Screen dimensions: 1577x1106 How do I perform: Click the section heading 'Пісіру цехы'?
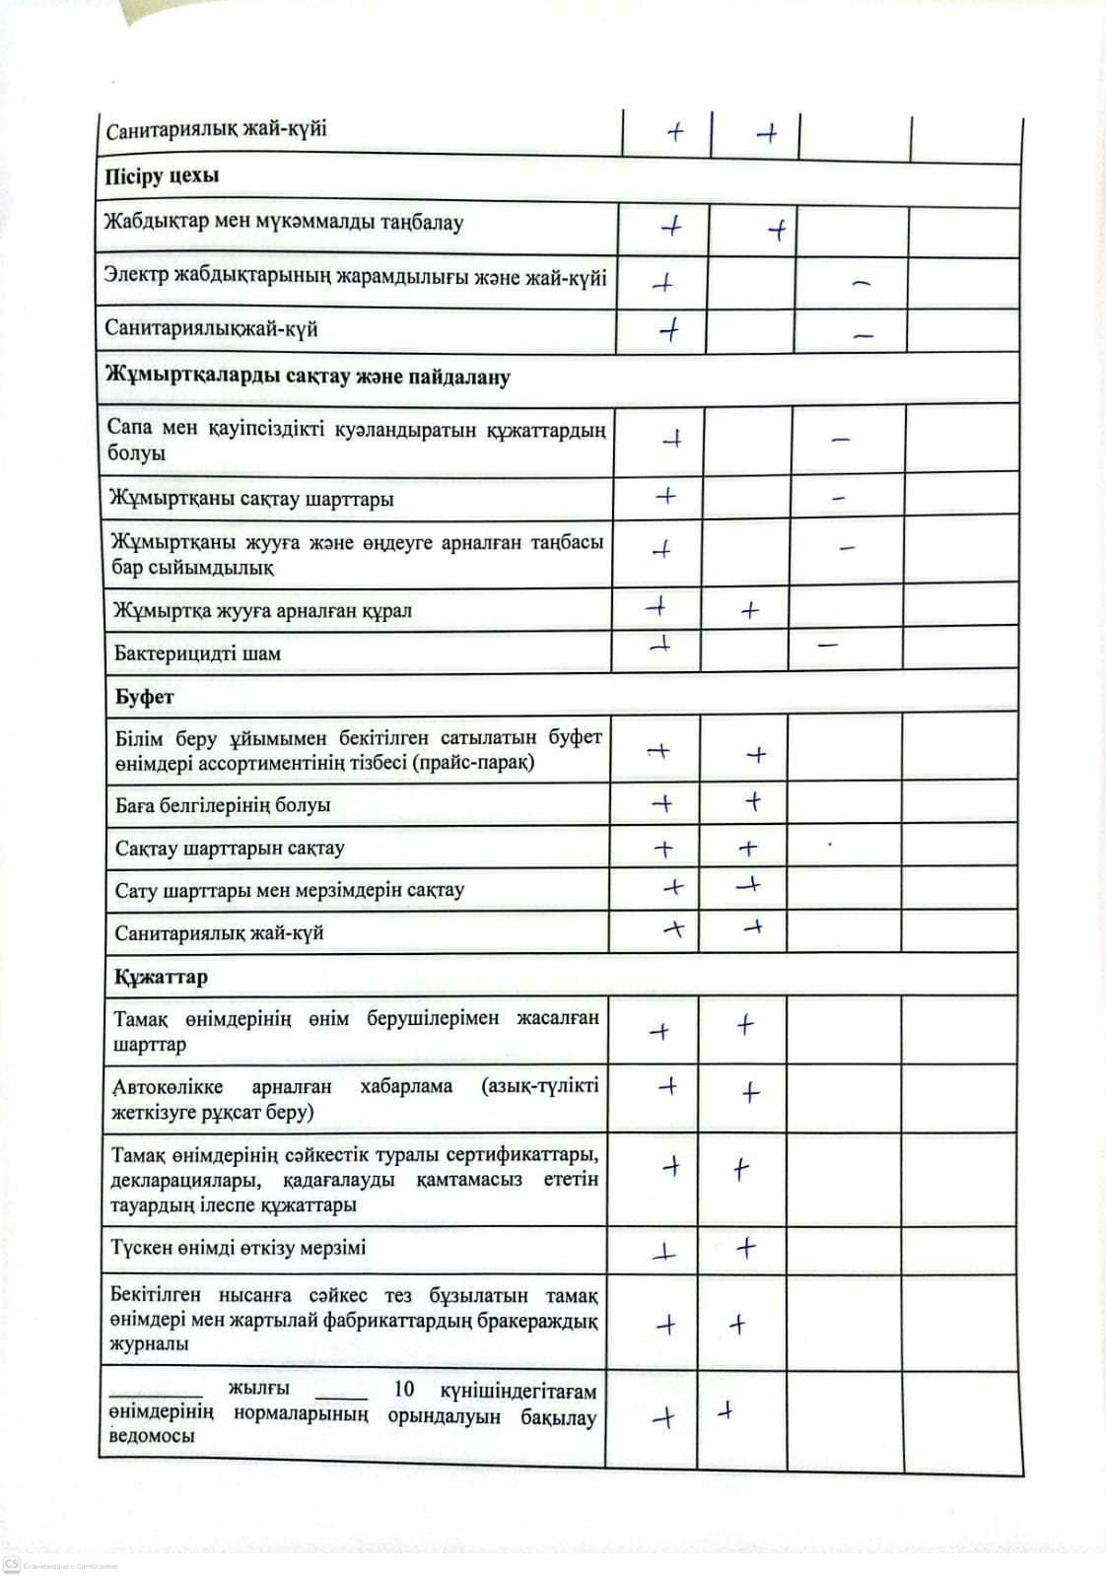(162, 177)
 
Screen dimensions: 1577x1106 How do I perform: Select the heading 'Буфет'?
(144, 697)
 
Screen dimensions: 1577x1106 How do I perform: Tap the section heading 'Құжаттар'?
(161, 977)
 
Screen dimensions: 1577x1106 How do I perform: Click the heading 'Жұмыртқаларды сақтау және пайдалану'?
(308, 377)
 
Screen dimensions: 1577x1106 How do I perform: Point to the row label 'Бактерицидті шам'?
(197, 653)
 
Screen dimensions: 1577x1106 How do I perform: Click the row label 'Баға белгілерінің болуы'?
(223, 805)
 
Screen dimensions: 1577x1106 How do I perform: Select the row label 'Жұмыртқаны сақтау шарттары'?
(251, 499)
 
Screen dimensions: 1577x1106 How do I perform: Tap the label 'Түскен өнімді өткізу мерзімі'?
(239, 1248)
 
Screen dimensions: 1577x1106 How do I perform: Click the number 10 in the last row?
(404, 1389)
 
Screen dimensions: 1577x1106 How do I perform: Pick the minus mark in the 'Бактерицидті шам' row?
(828, 646)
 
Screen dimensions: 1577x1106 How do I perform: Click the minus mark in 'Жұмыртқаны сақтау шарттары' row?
(839, 499)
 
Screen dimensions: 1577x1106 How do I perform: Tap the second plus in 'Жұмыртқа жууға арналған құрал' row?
(749, 611)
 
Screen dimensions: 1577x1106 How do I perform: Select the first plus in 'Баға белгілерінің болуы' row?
(662, 804)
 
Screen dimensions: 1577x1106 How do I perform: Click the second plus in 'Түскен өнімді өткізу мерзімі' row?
(746, 1248)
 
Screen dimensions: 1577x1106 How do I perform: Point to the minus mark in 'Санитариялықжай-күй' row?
(864, 336)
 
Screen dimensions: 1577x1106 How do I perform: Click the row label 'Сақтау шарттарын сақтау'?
(230, 849)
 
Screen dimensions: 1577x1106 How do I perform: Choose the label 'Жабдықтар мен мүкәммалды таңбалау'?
(284, 223)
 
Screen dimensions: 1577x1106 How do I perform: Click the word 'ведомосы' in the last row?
(152, 1436)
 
